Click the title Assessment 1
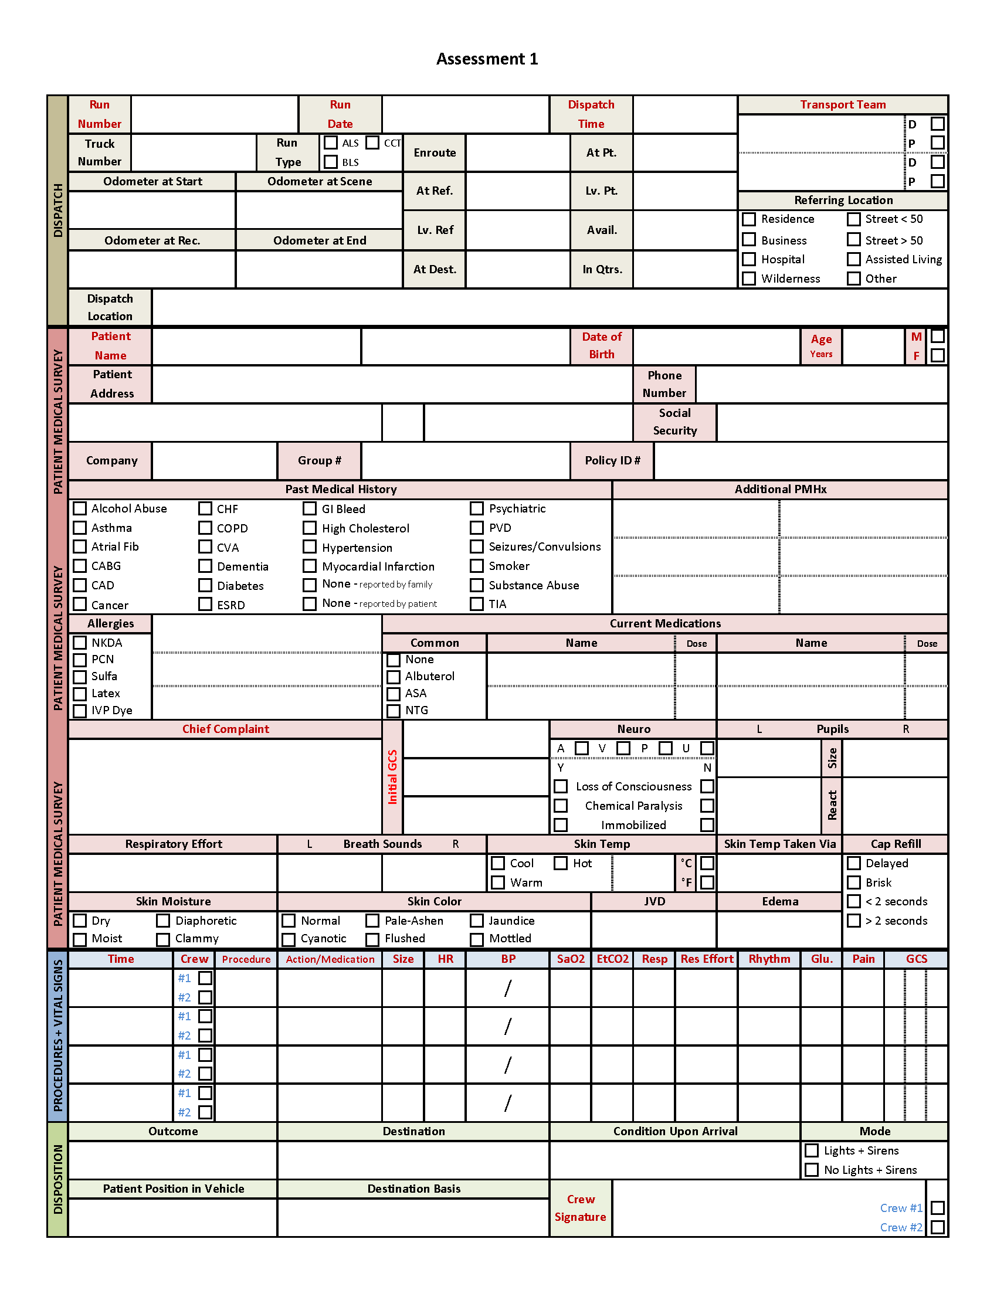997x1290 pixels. coord(487,59)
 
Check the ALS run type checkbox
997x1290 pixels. coord(331,143)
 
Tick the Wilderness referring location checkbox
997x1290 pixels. coord(749,279)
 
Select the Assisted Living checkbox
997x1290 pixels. coord(853,259)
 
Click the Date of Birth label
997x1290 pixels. coord(601,345)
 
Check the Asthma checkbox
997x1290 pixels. coord(80,528)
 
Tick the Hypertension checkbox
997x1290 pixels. coord(310,547)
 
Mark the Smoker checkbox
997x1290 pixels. coord(477,566)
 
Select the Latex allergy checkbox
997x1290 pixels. coord(80,694)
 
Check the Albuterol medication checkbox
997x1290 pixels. coord(394,677)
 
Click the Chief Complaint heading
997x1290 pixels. coord(226,729)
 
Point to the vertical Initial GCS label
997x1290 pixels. coord(392,777)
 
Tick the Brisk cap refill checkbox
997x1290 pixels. coord(853,882)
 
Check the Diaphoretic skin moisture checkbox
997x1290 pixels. coord(163,921)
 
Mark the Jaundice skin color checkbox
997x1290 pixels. coord(477,921)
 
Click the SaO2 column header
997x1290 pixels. coord(571,959)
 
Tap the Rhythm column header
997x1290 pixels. coord(769,959)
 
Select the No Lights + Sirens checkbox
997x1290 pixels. coord(812,1170)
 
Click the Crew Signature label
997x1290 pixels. coord(581,1207)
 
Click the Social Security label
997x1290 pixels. coord(674,422)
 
